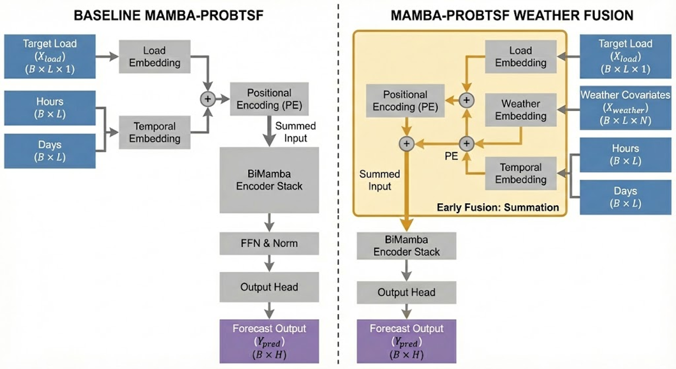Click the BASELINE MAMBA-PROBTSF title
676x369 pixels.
[x=168, y=15]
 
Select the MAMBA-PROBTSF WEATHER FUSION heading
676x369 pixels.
[x=511, y=15]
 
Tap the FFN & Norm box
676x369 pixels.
[x=269, y=243]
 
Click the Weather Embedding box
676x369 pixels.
[x=520, y=109]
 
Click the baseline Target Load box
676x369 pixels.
[x=50, y=56]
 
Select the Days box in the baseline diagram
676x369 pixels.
[x=50, y=151]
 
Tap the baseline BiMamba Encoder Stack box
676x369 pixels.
[x=269, y=179]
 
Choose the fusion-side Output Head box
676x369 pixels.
[x=406, y=293]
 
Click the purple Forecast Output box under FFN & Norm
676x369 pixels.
[x=269, y=341]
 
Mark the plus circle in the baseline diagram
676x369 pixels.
[x=207, y=99]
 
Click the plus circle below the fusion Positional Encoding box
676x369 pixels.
[x=406, y=143]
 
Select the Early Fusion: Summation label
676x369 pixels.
[x=498, y=207]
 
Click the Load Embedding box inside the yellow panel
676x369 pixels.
[x=520, y=56]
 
